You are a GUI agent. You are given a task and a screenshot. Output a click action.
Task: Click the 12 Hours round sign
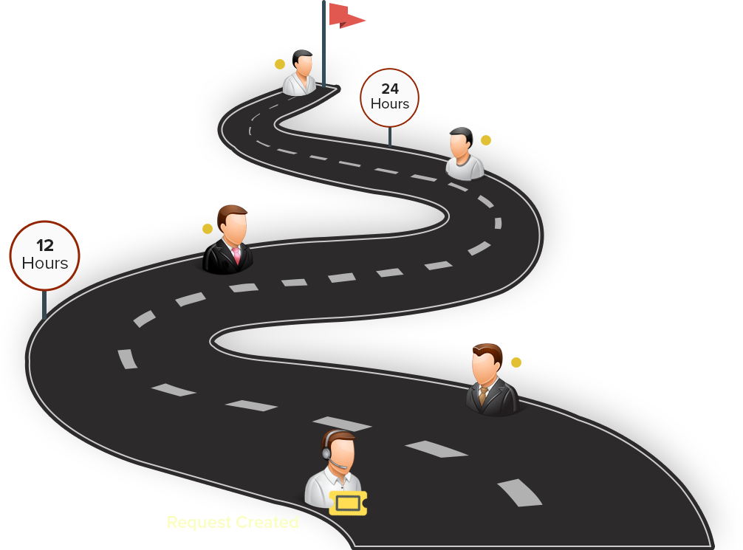coord(44,255)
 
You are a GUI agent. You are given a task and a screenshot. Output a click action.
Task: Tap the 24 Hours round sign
coord(389,97)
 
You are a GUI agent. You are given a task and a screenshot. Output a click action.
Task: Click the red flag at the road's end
coord(347,16)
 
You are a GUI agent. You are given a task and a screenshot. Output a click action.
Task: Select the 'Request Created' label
coord(233,523)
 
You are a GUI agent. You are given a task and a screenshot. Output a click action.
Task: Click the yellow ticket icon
coord(348,503)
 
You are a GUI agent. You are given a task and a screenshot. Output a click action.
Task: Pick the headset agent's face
coord(340,450)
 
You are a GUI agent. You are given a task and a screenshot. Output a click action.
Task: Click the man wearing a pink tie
coord(230,241)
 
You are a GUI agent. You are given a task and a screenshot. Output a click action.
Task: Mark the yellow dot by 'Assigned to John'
coord(516,362)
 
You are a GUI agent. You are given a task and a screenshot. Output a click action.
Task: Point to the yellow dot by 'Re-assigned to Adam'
coord(208,229)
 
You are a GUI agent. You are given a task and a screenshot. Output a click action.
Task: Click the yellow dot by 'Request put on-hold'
coord(486,140)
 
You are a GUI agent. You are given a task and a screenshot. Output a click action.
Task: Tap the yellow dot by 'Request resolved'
coord(280,64)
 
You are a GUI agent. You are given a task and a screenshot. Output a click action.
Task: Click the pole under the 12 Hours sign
coord(44,304)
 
